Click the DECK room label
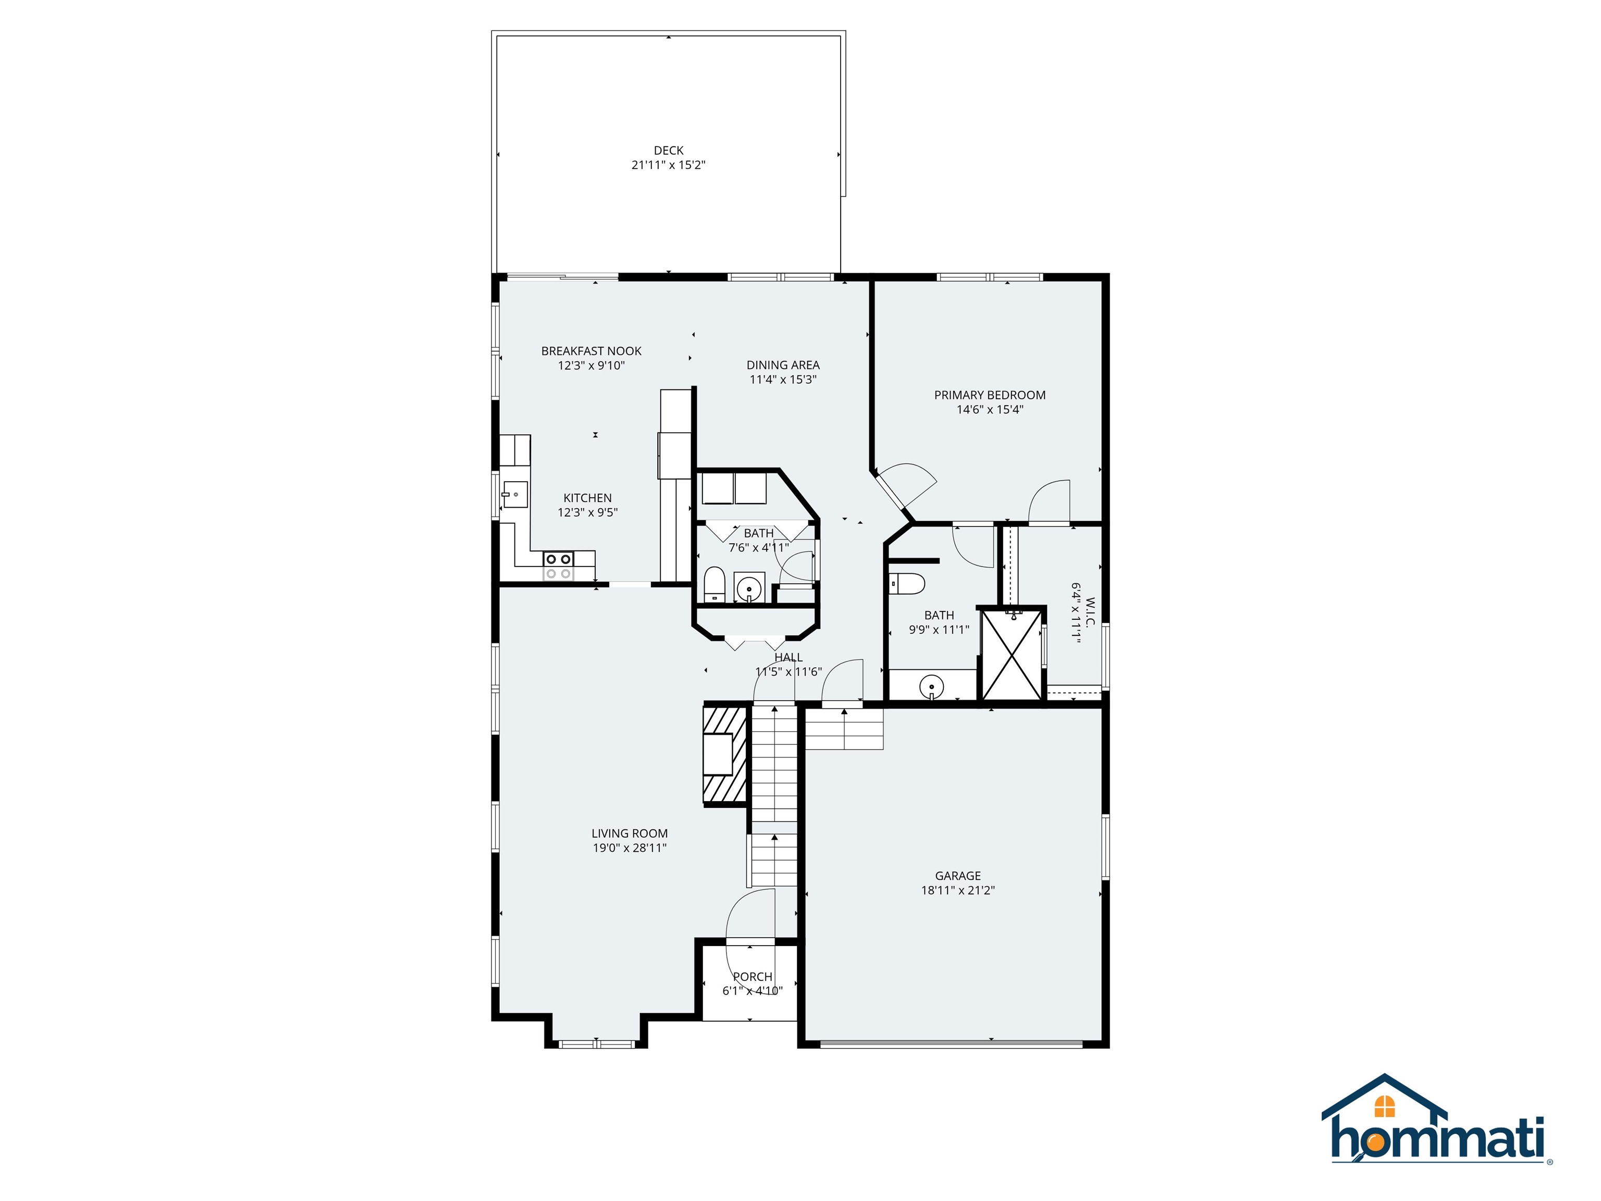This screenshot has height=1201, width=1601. (x=668, y=151)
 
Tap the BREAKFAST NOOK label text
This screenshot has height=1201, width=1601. (x=592, y=351)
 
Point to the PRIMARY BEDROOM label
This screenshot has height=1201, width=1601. (x=989, y=395)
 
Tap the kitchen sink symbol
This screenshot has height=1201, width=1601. (x=514, y=495)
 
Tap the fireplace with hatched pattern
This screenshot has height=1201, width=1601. (x=724, y=754)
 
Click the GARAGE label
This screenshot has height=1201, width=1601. (x=957, y=876)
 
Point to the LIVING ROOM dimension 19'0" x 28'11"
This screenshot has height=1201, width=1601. (x=629, y=848)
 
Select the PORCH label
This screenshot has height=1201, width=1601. (x=753, y=976)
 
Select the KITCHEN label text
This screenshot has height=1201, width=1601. (x=587, y=498)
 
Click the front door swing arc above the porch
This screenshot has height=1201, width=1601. (x=749, y=916)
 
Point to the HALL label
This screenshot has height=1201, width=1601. (x=788, y=657)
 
